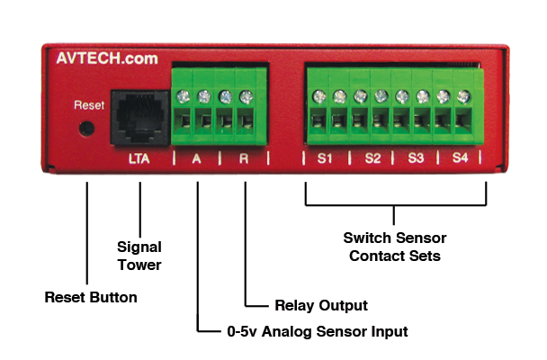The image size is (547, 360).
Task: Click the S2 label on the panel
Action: (372, 158)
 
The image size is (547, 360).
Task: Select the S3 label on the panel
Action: (416, 158)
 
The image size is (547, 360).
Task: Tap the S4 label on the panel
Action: (460, 158)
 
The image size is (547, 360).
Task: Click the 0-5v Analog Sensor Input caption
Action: (317, 332)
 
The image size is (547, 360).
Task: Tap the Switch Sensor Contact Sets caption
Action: (395, 247)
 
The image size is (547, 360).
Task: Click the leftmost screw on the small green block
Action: (184, 96)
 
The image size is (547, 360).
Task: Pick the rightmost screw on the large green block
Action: (464, 95)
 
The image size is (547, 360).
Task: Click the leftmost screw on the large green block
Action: (318, 96)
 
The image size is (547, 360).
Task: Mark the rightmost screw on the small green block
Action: (247, 96)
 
